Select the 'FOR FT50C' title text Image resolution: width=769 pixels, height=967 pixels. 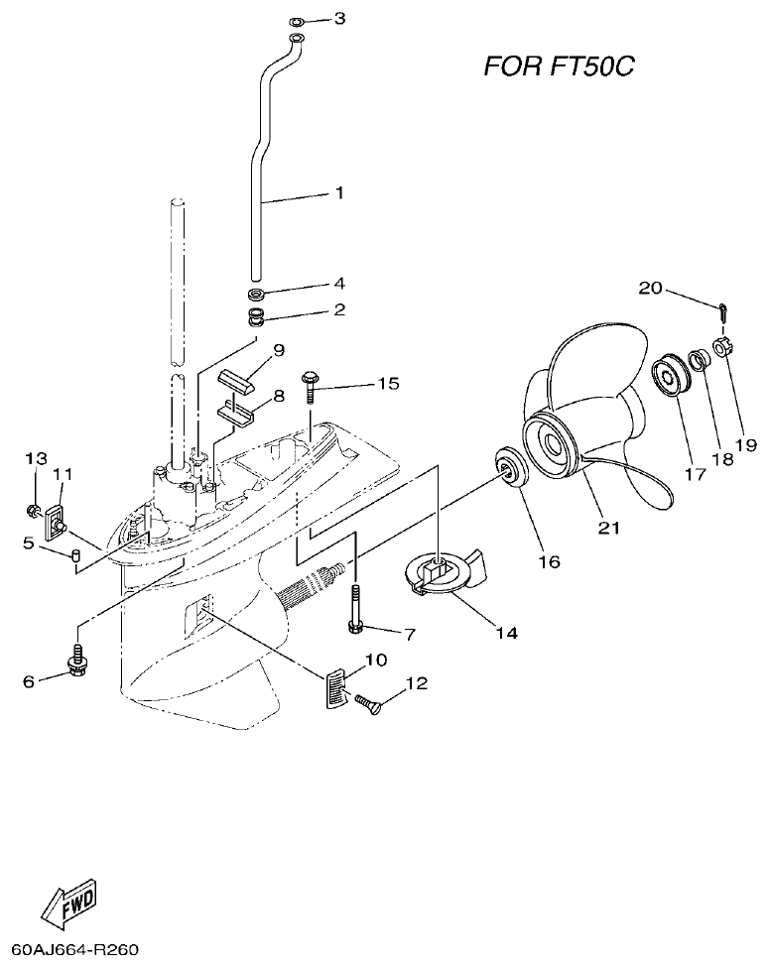coord(559,66)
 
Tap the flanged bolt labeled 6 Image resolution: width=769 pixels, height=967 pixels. coord(76,661)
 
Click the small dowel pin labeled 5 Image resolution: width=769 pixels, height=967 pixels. coord(73,552)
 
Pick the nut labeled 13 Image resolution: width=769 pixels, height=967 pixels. coord(34,512)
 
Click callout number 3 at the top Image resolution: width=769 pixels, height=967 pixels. coord(339,18)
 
